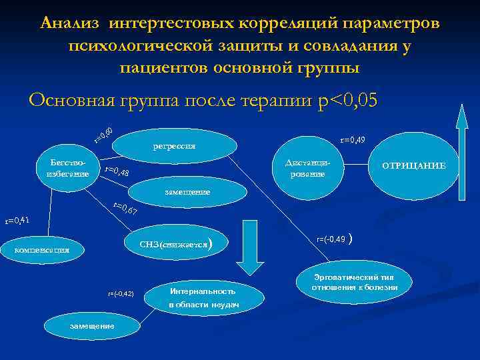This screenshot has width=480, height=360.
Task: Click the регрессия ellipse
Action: tap(174, 146)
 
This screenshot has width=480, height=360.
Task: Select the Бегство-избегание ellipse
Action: tap(67, 169)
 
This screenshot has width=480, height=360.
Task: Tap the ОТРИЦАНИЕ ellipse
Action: tap(413, 165)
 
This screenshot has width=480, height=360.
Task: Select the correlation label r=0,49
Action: tap(352, 140)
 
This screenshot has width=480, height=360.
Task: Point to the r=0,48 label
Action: tap(117, 173)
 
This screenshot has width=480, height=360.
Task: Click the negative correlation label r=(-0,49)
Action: tap(331, 239)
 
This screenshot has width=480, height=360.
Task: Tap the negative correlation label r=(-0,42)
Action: tap(121, 293)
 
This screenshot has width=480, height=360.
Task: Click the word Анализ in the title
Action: tap(70, 23)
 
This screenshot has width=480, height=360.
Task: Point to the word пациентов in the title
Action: tap(163, 67)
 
